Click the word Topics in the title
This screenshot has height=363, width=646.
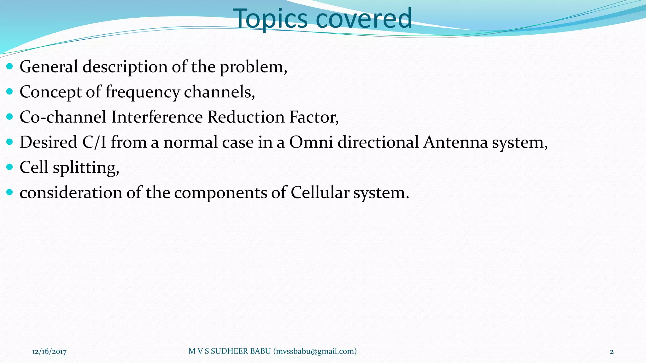270,18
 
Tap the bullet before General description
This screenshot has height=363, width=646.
9,66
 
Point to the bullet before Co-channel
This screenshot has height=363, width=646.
9,117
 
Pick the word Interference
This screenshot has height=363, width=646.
157,117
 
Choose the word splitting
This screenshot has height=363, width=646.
85,167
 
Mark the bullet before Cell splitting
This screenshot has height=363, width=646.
9,167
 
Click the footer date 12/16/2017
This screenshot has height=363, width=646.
49,351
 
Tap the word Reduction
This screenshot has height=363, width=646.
246,117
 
